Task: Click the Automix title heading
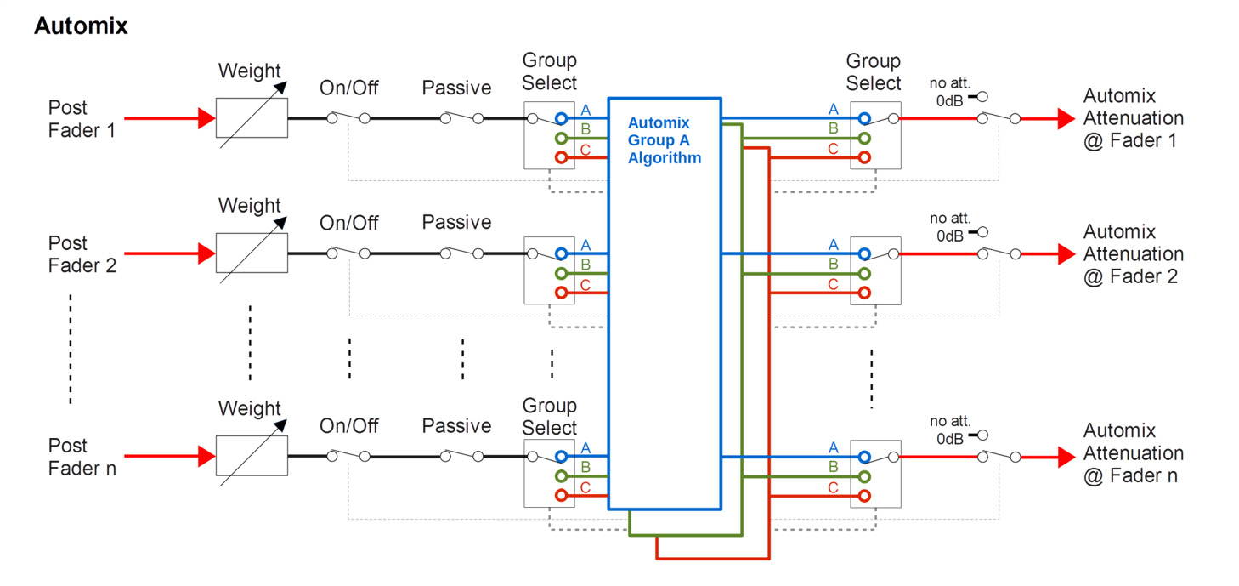click(x=81, y=26)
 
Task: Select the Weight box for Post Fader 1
click(x=252, y=118)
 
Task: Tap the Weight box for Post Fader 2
click(x=252, y=253)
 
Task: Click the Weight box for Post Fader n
click(x=252, y=457)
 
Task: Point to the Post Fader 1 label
click(x=82, y=119)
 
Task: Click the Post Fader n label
click(x=82, y=457)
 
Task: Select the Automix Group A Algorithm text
click(x=664, y=140)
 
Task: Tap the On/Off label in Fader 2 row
click(x=348, y=223)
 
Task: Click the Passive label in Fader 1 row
click(x=456, y=88)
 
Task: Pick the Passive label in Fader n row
click(x=456, y=425)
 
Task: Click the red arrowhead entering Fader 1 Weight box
click(x=206, y=118)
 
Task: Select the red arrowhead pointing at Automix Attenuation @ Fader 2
click(x=1066, y=253)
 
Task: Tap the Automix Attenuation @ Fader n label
click(x=1133, y=453)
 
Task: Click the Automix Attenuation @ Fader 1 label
click(x=1133, y=118)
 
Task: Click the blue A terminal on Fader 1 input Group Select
click(x=561, y=118)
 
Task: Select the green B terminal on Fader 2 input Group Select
click(x=561, y=273)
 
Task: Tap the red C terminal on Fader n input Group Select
click(x=561, y=495)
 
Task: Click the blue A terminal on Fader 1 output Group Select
click(x=864, y=118)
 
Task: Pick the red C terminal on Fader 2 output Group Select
click(x=864, y=293)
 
